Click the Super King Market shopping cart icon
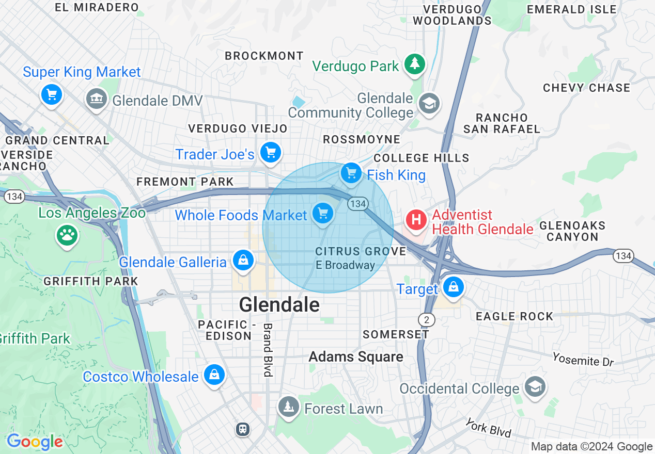[51, 94]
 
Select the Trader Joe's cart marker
[271, 153]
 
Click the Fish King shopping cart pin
[352, 173]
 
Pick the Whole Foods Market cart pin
[323, 213]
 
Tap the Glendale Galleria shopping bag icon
[243, 261]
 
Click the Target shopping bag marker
[454, 287]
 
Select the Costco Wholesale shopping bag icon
[214, 375]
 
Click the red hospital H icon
[416, 220]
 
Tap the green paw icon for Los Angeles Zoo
[67, 236]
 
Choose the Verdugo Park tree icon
[414, 64]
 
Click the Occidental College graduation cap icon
[535, 387]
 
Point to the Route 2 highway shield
[427, 320]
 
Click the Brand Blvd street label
[268, 350]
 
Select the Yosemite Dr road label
[583, 359]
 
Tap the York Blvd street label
[488, 428]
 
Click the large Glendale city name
[279, 305]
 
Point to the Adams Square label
[356, 356]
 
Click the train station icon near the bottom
[243, 429]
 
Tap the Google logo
[35, 442]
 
